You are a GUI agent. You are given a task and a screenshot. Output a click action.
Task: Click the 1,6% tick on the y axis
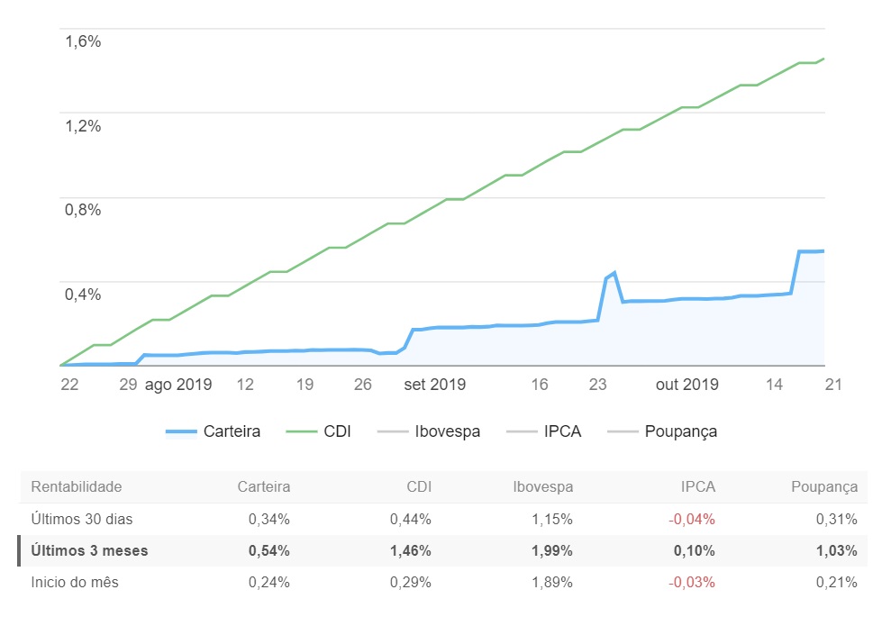point(83,41)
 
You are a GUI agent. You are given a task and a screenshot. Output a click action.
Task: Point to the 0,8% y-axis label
point(83,210)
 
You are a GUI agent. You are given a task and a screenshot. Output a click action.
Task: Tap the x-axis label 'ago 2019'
point(178,385)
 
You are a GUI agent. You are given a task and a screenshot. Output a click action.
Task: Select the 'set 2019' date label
point(434,385)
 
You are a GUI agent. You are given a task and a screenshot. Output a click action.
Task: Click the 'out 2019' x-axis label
point(687,385)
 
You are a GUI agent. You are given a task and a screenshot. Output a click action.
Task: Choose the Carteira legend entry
point(214,431)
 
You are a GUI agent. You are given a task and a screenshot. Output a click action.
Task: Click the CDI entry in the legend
point(319,431)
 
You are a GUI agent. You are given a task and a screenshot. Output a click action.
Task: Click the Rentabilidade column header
point(77,487)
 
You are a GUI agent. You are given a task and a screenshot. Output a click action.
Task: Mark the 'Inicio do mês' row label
point(75,582)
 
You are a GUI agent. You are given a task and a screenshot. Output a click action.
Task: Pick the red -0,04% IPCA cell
point(692,519)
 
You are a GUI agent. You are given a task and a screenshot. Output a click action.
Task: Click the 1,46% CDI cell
point(411,550)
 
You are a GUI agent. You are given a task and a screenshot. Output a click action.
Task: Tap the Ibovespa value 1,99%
point(552,550)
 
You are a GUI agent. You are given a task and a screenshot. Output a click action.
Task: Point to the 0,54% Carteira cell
point(269,550)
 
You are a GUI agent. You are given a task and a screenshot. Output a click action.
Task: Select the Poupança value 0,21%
point(837,582)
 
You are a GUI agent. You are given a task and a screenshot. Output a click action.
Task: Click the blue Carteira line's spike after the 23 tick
point(613,273)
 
